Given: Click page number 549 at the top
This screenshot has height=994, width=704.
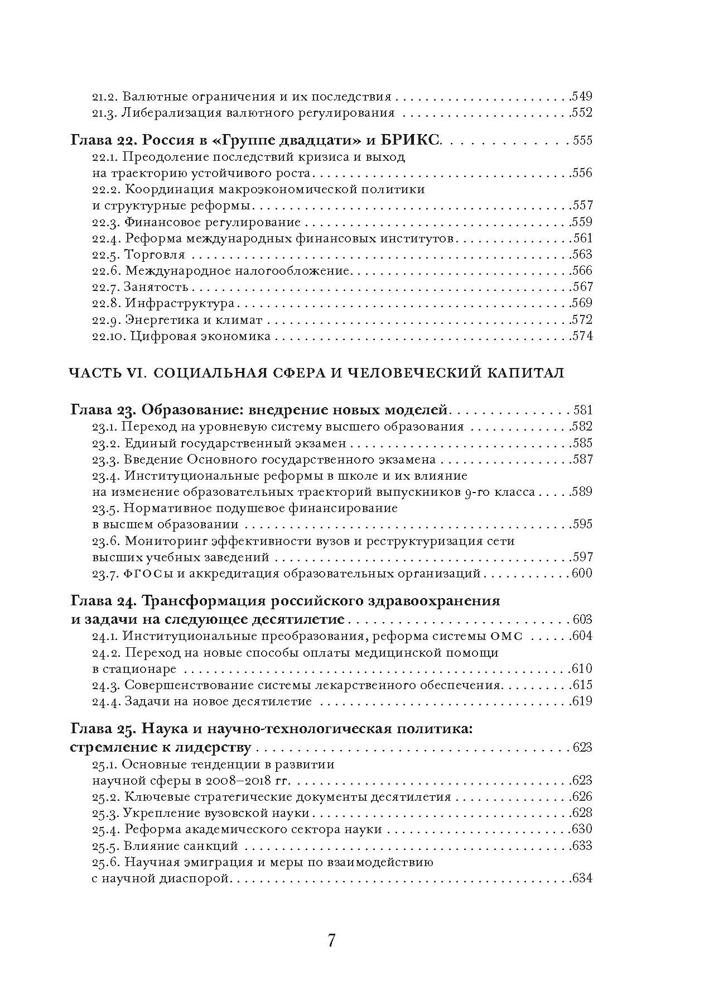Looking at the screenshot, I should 581,97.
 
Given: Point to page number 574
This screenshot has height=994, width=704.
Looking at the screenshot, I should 581,336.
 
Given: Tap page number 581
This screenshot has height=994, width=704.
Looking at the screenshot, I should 582,410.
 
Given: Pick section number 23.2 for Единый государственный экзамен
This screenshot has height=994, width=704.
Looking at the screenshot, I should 105,443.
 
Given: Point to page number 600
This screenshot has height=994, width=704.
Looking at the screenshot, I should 581,574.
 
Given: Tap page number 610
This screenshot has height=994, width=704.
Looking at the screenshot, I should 581,669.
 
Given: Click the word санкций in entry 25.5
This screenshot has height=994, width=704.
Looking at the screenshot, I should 215,845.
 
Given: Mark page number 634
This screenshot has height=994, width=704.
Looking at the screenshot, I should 581,878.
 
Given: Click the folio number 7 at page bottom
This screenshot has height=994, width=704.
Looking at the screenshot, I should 331,940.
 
